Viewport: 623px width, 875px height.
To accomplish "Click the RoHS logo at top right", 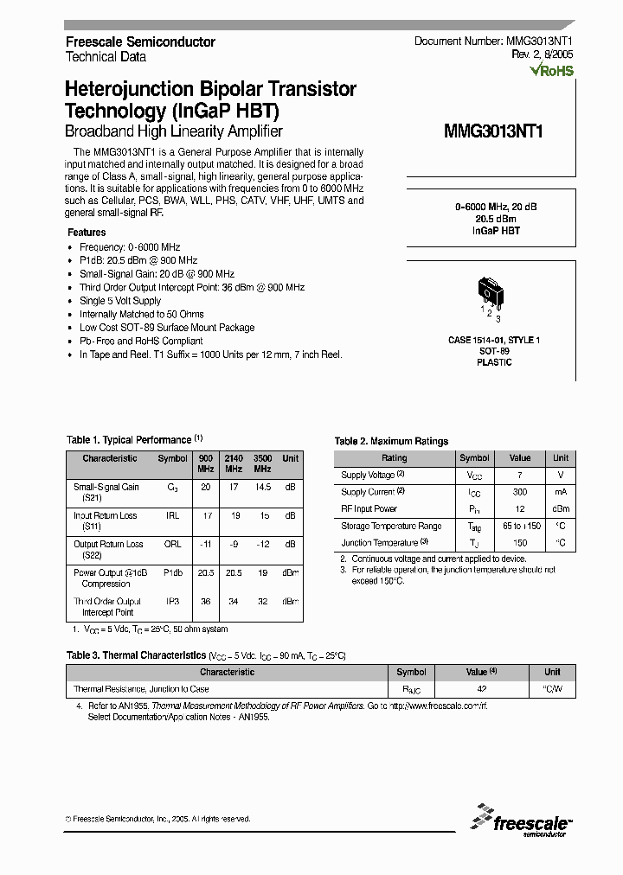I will pyautogui.click(x=551, y=72).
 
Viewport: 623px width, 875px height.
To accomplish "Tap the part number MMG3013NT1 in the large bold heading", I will pyautogui.click(x=493, y=131).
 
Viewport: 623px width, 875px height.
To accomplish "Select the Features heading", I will pyautogui.click(x=87, y=233).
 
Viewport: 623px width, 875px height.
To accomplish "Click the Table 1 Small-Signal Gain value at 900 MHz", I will pyautogui.click(x=206, y=487).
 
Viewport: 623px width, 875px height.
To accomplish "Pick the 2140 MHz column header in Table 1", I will pyautogui.click(x=234, y=463).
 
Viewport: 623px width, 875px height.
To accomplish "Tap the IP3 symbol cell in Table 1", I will pyautogui.click(x=172, y=601).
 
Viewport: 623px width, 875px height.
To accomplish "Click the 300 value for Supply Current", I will pyautogui.click(x=519, y=491).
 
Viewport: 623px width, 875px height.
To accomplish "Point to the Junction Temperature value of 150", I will pyautogui.click(x=519, y=542).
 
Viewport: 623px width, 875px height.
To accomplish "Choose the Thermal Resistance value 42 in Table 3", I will pyautogui.click(x=482, y=689).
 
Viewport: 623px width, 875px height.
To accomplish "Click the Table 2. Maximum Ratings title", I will pyautogui.click(x=391, y=441).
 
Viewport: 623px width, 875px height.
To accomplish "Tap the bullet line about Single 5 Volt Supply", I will pyautogui.click(x=120, y=301).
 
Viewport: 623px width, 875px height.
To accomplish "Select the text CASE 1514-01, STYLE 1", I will pyautogui.click(x=495, y=341).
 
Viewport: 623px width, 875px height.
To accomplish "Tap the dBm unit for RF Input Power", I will pyautogui.click(x=561, y=508).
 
